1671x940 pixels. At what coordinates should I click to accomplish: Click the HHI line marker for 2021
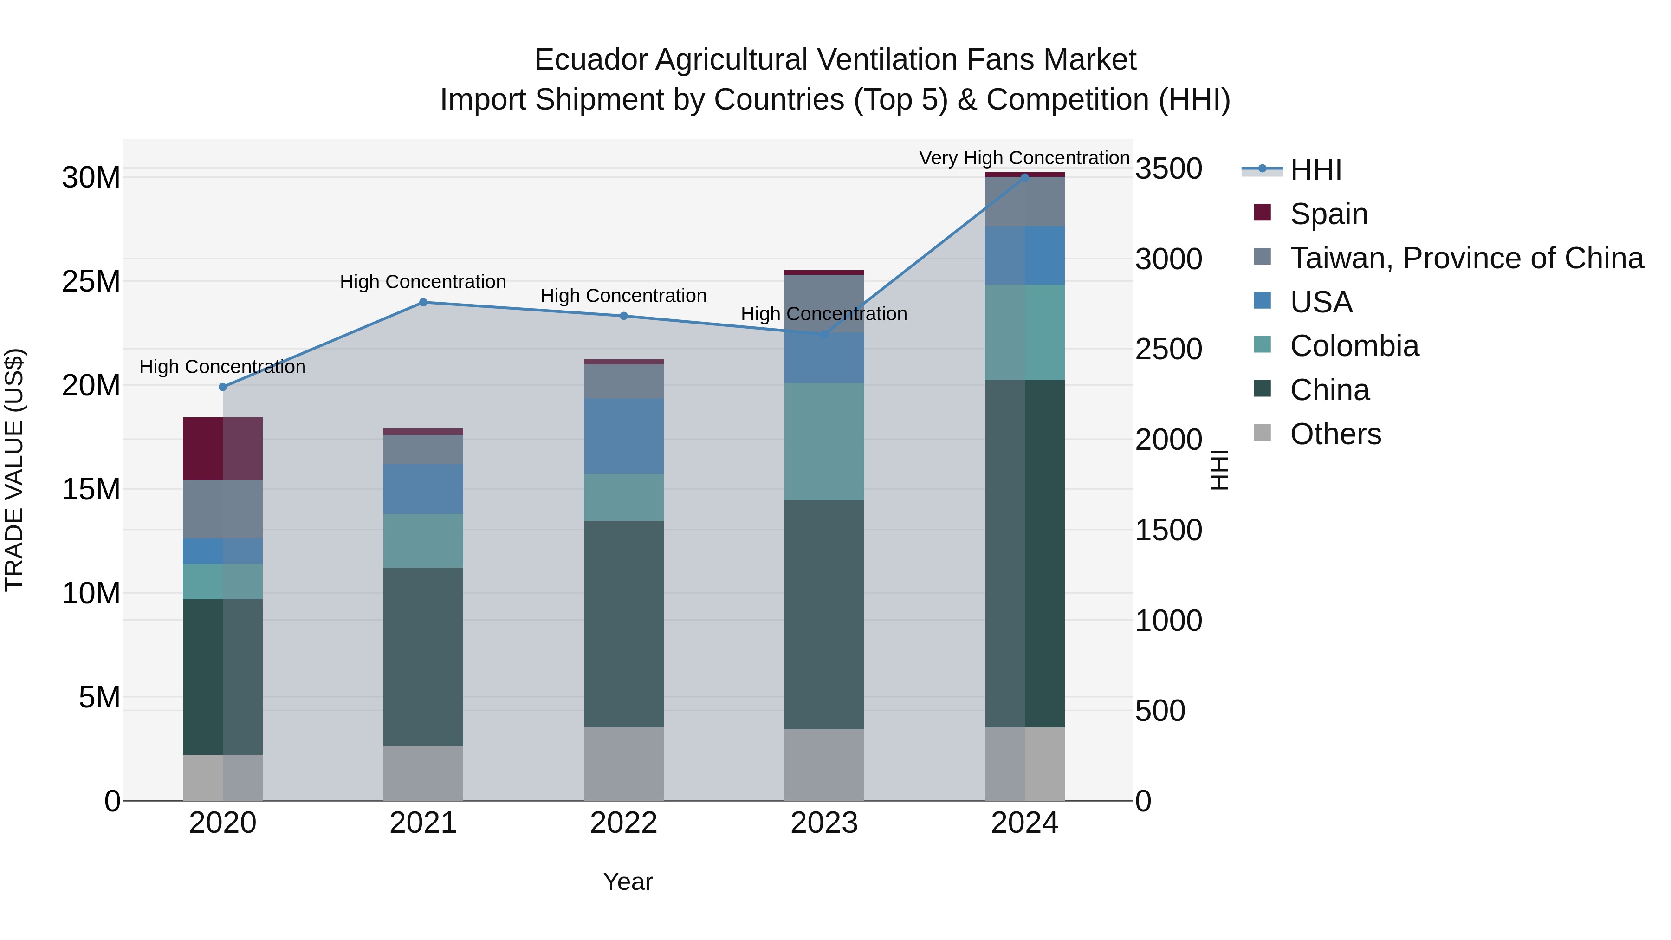[423, 302]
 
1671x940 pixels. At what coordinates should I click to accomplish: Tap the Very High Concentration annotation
[1024, 158]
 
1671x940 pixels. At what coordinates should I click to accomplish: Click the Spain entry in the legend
[1328, 214]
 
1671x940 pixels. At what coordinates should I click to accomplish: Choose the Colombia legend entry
[1354, 346]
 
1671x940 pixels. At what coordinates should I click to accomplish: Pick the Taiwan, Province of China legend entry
[1466, 258]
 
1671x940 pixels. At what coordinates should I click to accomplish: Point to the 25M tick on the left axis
[91, 282]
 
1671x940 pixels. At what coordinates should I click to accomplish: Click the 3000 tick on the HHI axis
[1169, 259]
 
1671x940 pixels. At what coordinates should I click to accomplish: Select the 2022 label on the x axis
[623, 823]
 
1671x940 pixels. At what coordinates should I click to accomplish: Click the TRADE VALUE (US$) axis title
[14, 470]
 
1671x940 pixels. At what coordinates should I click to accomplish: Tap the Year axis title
[627, 882]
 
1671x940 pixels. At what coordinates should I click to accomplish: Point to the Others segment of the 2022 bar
[623, 764]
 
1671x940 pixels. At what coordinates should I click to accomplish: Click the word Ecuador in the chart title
[590, 60]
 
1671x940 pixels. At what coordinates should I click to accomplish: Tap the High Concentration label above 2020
[222, 367]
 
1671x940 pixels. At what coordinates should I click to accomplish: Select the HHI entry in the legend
[1315, 170]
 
